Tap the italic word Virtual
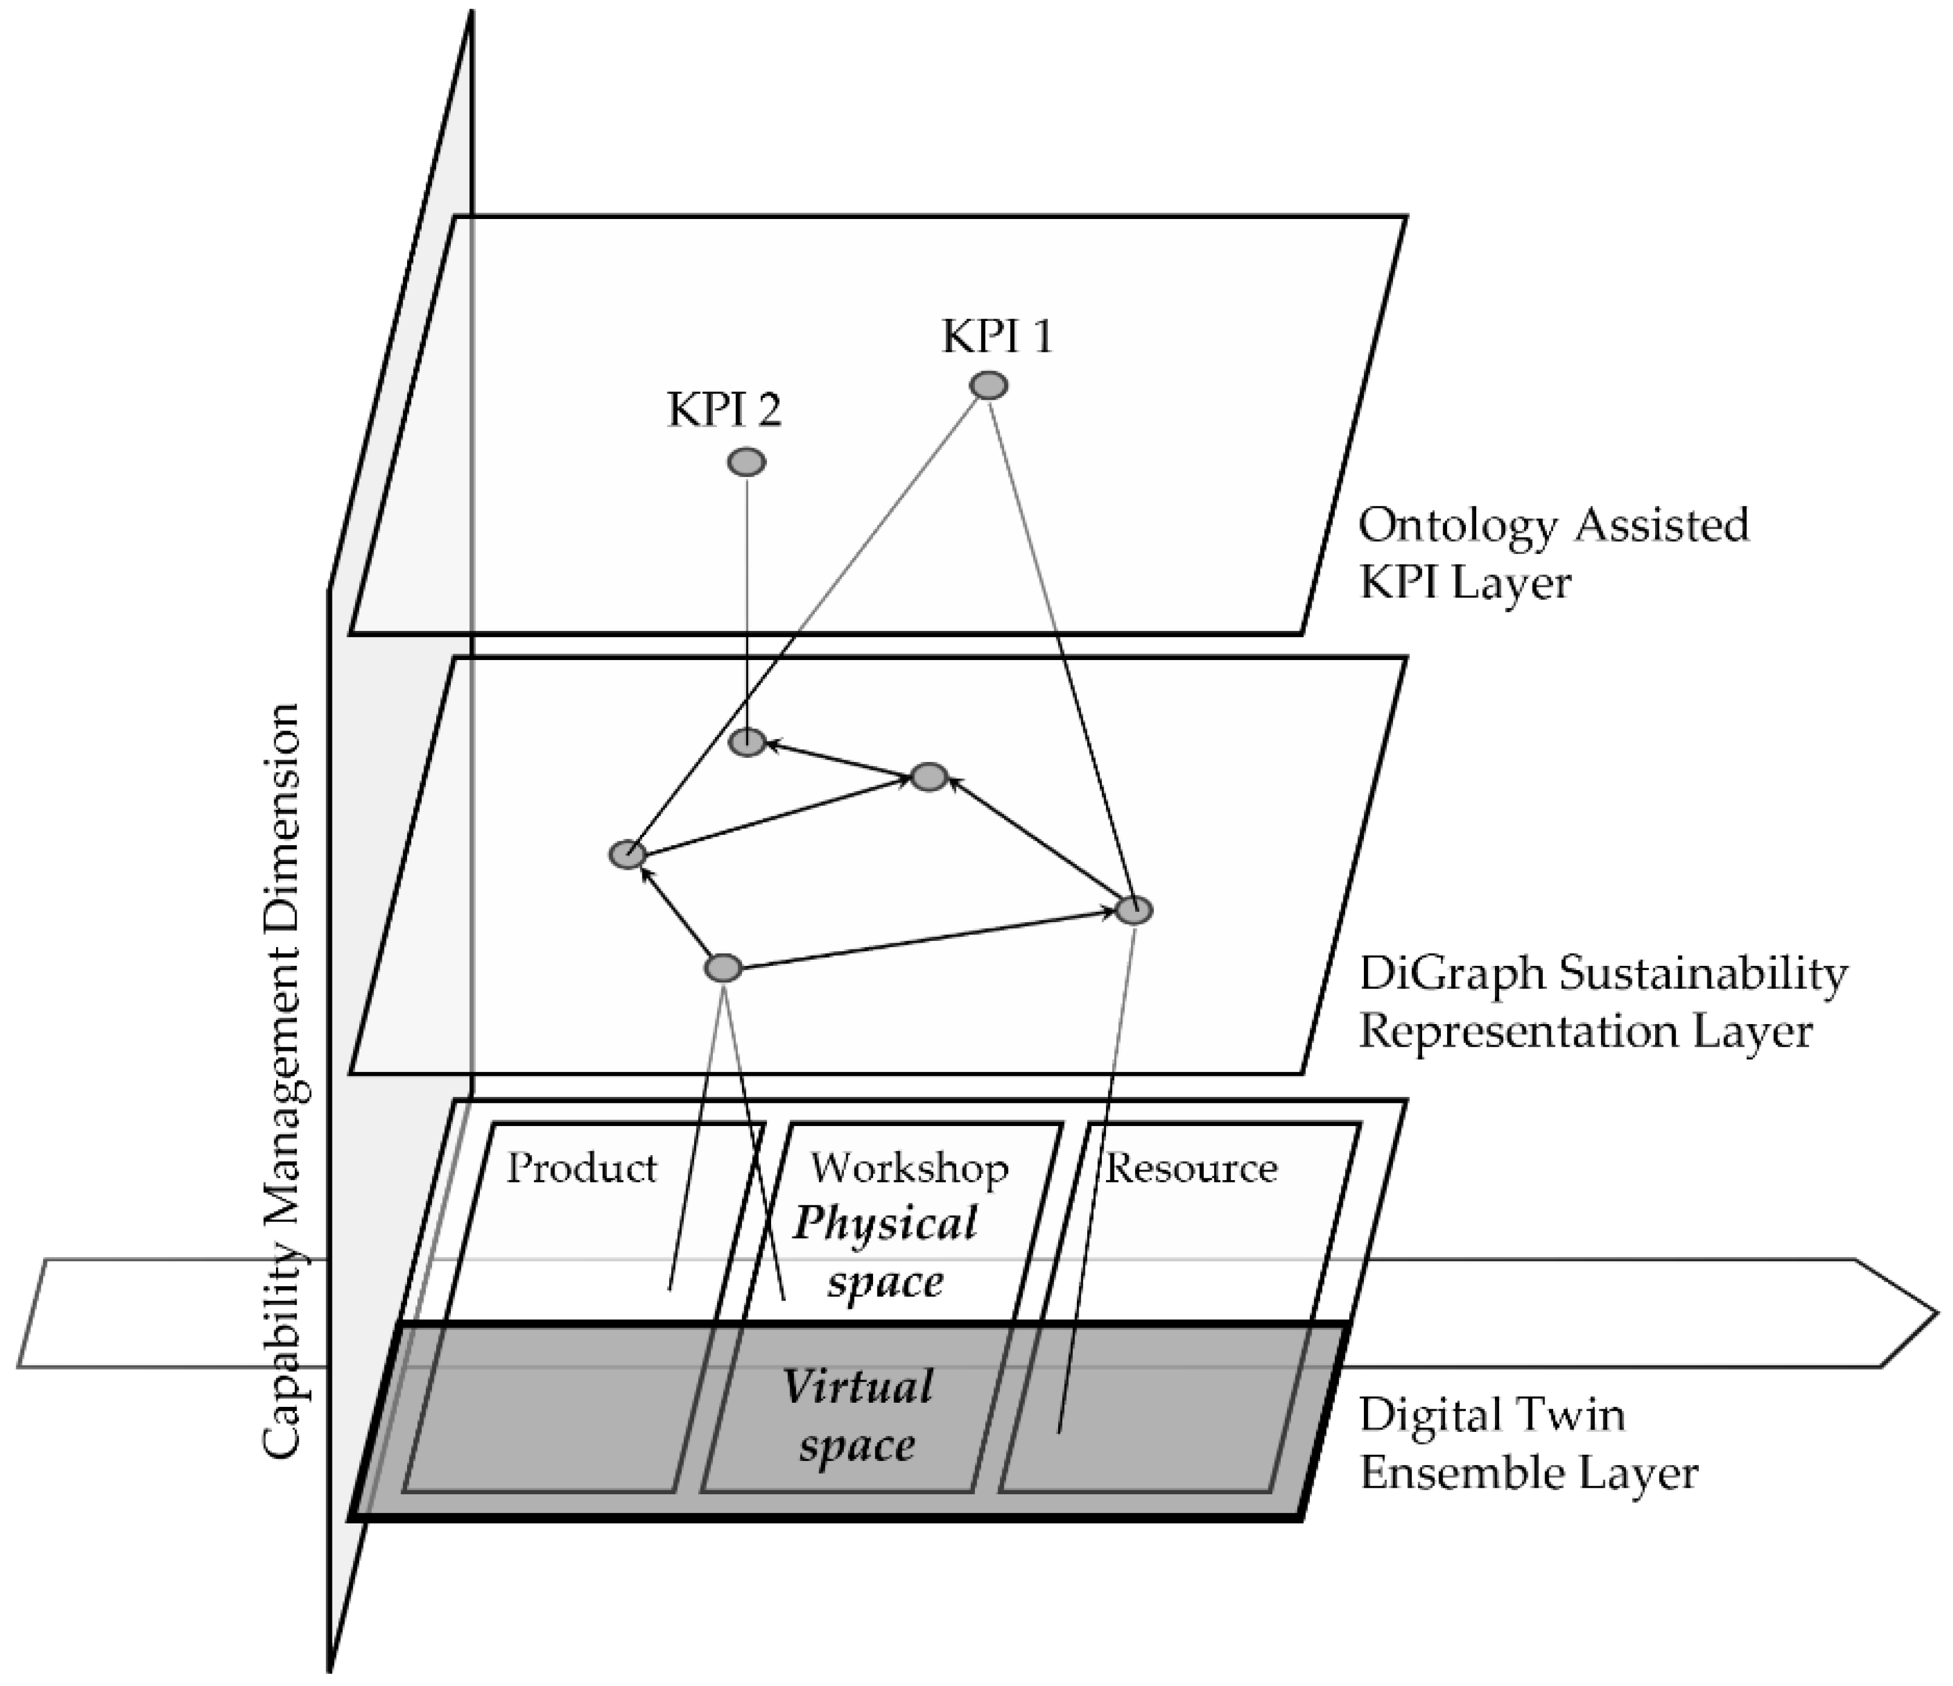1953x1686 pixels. [858, 1388]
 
